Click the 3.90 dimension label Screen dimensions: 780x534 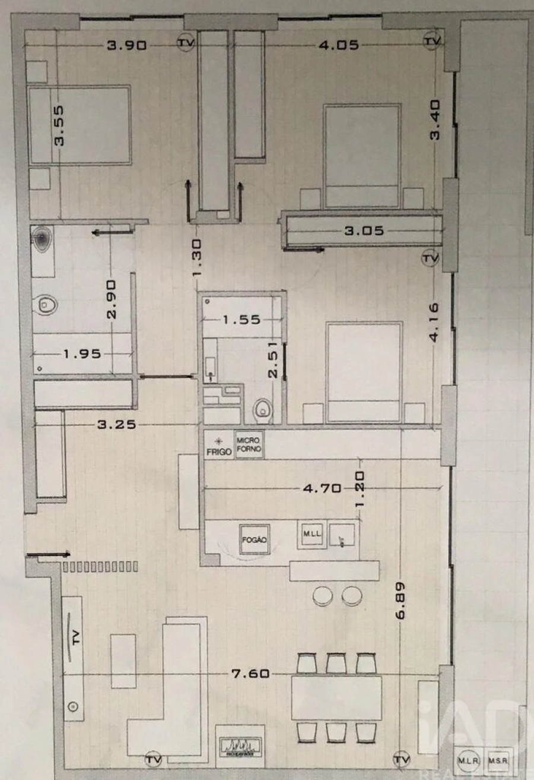(x=126, y=45)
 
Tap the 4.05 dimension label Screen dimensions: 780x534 (x=339, y=45)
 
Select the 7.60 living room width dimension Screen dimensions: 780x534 (x=251, y=674)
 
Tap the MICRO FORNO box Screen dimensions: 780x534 (x=249, y=444)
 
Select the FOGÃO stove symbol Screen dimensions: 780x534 (x=255, y=540)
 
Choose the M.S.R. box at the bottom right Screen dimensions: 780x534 (x=497, y=760)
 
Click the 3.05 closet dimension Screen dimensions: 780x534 (x=363, y=230)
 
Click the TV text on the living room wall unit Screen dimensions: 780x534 (x=75, y=638)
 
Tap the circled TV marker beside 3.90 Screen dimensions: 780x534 (x=185, y=43)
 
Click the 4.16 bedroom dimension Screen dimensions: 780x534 (x=434, y=322)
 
